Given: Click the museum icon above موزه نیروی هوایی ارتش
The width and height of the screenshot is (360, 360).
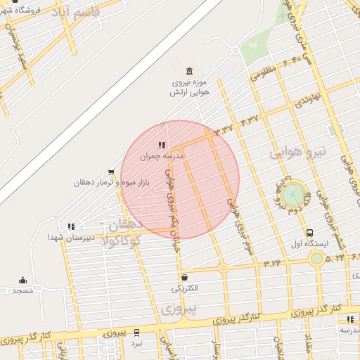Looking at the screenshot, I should (x=189, y=72).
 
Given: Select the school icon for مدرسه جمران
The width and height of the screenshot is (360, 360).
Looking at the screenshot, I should (x=162, y=145).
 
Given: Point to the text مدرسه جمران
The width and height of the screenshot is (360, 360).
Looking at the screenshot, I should (x=162, y=157).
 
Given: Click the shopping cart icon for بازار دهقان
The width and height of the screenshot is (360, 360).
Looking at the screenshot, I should (x=111, y=172).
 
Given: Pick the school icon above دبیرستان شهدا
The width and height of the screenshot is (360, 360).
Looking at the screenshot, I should (x=70, y=226).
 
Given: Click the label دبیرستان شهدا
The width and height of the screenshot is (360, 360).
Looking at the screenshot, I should (x=67, y=238).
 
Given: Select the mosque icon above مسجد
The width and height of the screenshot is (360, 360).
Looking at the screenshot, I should (x=22, y=279).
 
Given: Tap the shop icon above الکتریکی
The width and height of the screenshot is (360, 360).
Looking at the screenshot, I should (x=184, y=277).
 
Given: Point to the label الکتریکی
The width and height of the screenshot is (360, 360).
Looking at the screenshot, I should (x=185, y=288).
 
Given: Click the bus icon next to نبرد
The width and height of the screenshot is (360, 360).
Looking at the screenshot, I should (x=136, y=332).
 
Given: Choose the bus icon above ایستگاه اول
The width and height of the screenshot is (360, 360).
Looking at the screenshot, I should (x=310, y=233).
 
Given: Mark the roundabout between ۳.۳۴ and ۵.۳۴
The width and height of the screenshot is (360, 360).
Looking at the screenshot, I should (x=317, y=259).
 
